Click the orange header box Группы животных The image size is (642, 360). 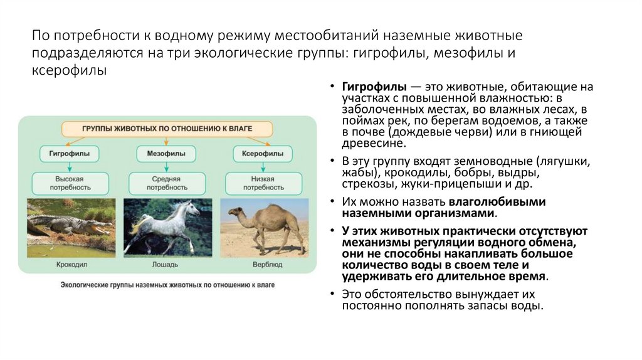coord(167,129)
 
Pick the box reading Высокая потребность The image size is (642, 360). coord(69,183)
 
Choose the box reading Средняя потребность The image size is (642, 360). coord(166,183)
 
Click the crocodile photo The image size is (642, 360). coord(70,226)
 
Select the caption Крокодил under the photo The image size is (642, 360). coord(70,265)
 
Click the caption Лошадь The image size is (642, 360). coord(167,265)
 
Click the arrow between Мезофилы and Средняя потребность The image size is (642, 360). coord(166,167)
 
